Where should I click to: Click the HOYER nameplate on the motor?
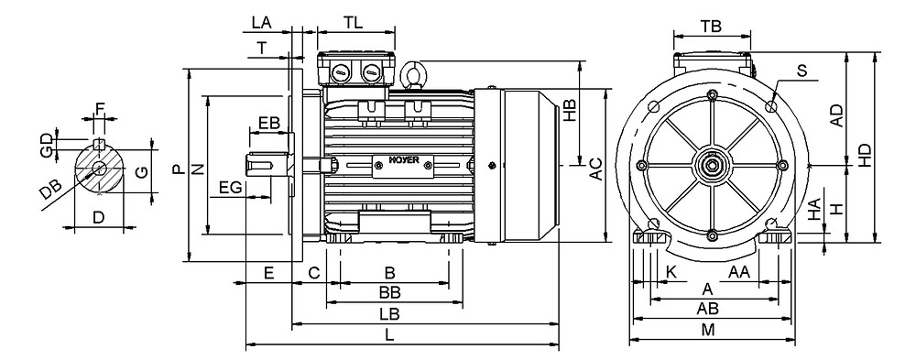404,166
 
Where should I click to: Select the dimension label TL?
354,23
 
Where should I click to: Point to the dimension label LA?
262,23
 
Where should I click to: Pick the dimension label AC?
595,169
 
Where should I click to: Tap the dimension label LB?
389,314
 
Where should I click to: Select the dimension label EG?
230,188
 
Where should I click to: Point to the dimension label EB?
269,124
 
